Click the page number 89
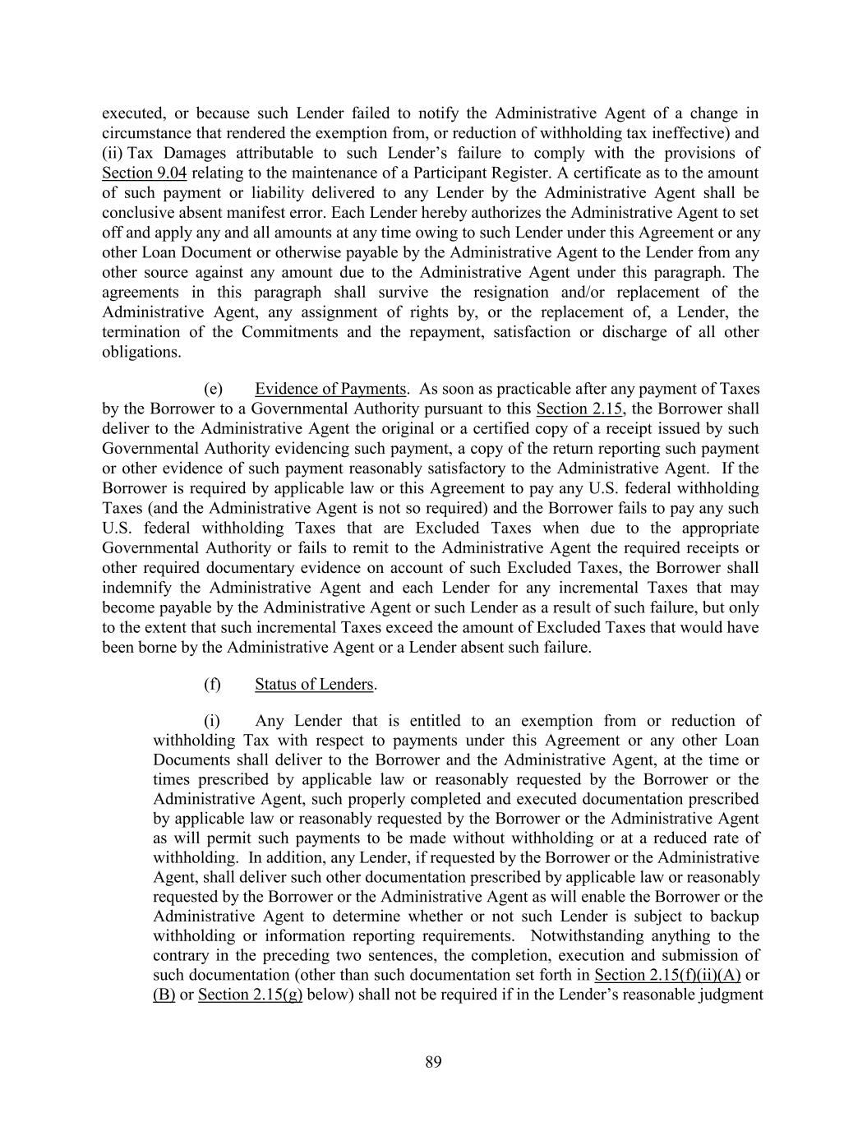[x=433, y=1062]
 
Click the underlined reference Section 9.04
[x=144, y=173]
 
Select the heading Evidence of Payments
[x=330, y=389]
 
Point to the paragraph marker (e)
[x=213, y=389]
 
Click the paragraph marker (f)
[x=212, y=684]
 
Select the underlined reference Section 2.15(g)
[x=251, y=995]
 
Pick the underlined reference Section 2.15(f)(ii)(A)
[x=667, y=975]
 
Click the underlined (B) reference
[x=164, y=995]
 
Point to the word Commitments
[x=289, y=332]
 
